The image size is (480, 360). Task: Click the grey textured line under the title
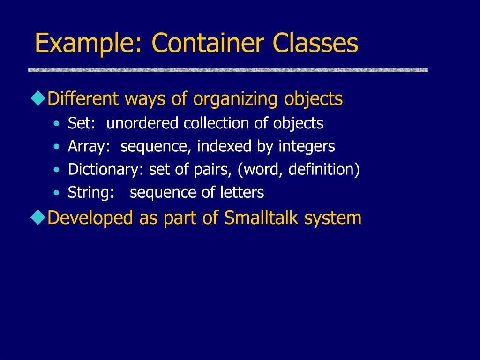point(228,70)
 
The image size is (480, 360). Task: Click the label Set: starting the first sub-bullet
point(82,123)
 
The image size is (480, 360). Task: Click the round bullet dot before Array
point(57,147)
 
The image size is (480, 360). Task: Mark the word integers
point(307,147)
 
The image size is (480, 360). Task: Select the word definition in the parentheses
point(322,169)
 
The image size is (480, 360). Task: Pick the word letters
point(243,192)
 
